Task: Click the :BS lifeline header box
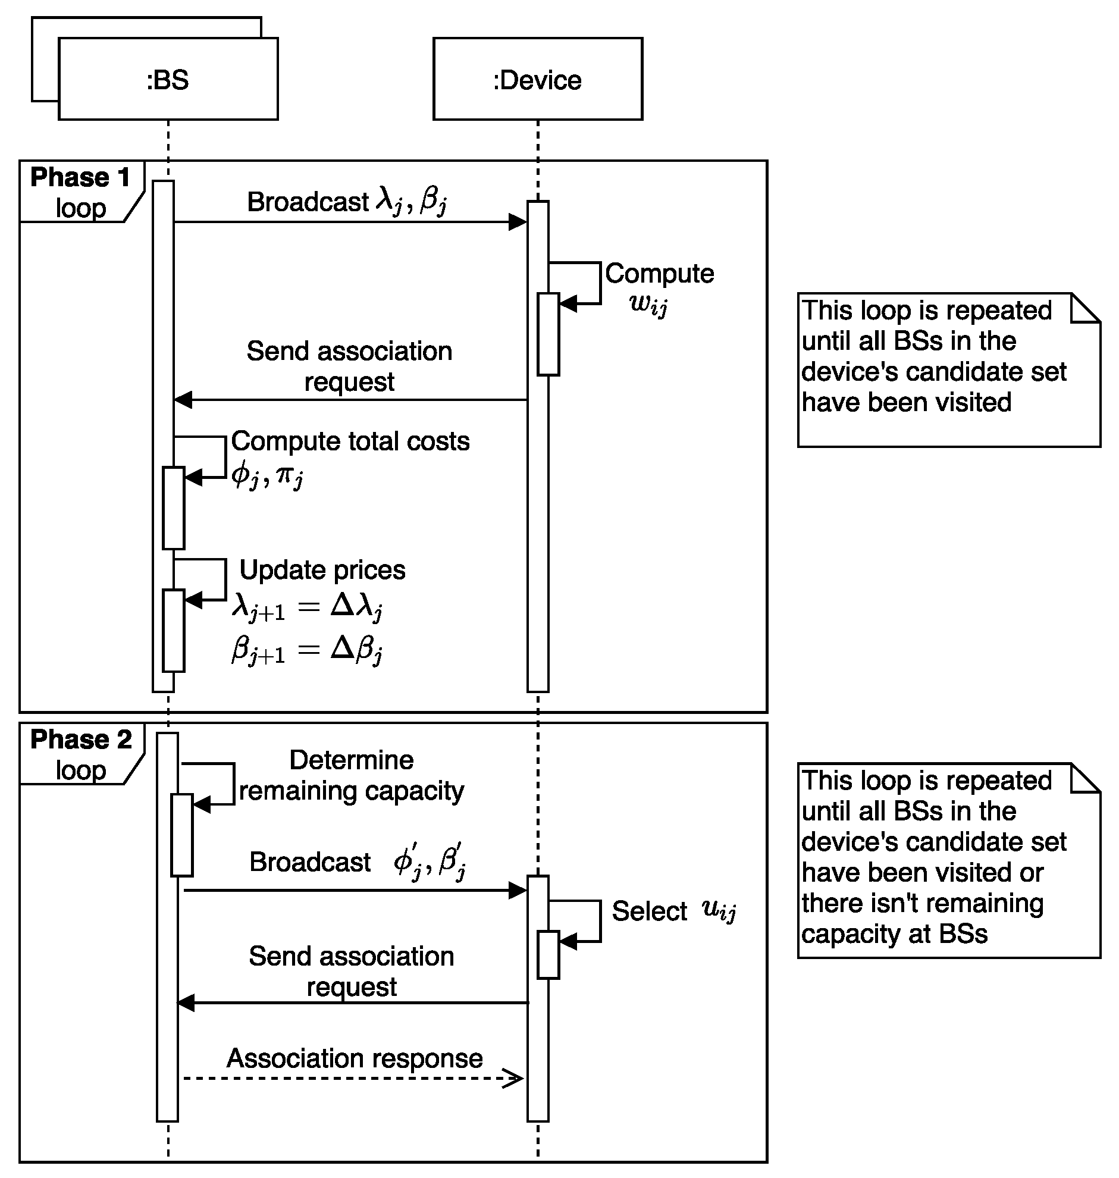pos(168,79)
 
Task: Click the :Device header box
pos(537,79)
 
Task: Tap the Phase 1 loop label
pos(80,192)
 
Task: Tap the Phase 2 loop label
pos(80,754)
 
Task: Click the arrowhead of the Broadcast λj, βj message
pos(518,223)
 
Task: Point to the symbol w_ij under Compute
pos(648,303)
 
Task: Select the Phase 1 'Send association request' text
pos(350,366)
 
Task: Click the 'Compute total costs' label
pos(350,441)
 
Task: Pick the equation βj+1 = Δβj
pos(307,650)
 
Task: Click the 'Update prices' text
pos(322,570)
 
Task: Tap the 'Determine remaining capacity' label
pos(352,775)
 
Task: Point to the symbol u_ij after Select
pos(719,911)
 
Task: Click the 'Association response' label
pos(355,1058)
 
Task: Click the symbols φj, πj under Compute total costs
pos(268,475)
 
